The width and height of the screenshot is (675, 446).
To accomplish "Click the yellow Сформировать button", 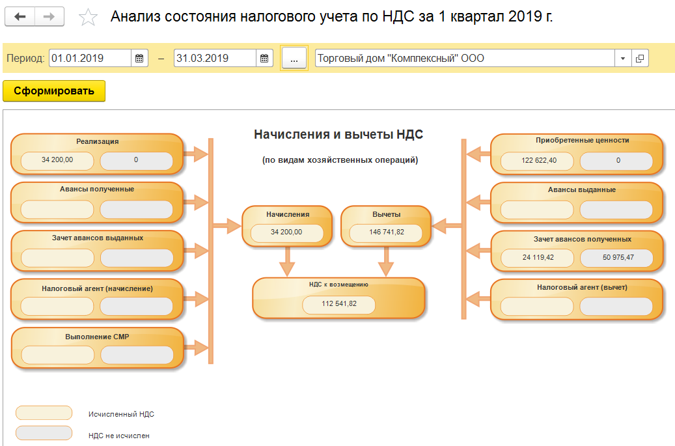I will click(x=54, y=91).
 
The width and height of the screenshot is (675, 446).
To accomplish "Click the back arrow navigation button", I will click(x=20, y=17).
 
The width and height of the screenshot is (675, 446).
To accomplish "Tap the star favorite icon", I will click(x=87, y=18).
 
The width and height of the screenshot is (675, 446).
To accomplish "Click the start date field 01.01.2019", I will click(x=90, y=58).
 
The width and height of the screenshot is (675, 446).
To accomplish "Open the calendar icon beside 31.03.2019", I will click(x=264, y=58).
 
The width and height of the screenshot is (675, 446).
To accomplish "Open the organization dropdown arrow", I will click(x=623, y=58).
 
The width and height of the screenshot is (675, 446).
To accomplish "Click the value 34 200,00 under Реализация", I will click(x=57, y=160).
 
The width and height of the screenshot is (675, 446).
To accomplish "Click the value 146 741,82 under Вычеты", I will click(x=386, y=232).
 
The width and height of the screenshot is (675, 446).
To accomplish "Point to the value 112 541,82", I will click(x=339, y=303).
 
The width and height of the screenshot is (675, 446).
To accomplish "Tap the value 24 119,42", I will click(x=538, y=258).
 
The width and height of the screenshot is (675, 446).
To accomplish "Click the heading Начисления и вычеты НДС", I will click(x=338, y=135).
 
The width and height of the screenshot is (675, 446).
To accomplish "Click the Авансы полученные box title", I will click(x=97, y=189).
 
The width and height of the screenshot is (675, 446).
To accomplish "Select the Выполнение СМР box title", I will click(x=97, y=337).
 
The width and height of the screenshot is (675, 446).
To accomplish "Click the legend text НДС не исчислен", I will click(x=118, y=436).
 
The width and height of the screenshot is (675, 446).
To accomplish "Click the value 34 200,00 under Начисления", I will click(x=286, y=232).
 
